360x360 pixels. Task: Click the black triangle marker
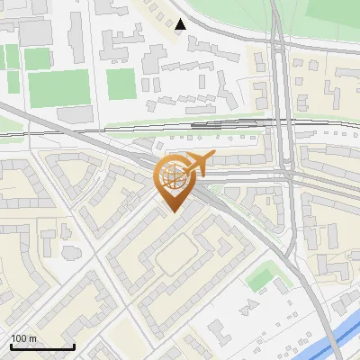tap(181, 24)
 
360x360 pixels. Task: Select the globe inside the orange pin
tap(175, 177)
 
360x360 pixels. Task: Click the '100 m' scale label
tap(23, 338)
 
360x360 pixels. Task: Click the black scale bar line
tap(41, 346)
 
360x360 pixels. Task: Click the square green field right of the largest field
tap(121, 85)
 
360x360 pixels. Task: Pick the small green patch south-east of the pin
tap(260, 277)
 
